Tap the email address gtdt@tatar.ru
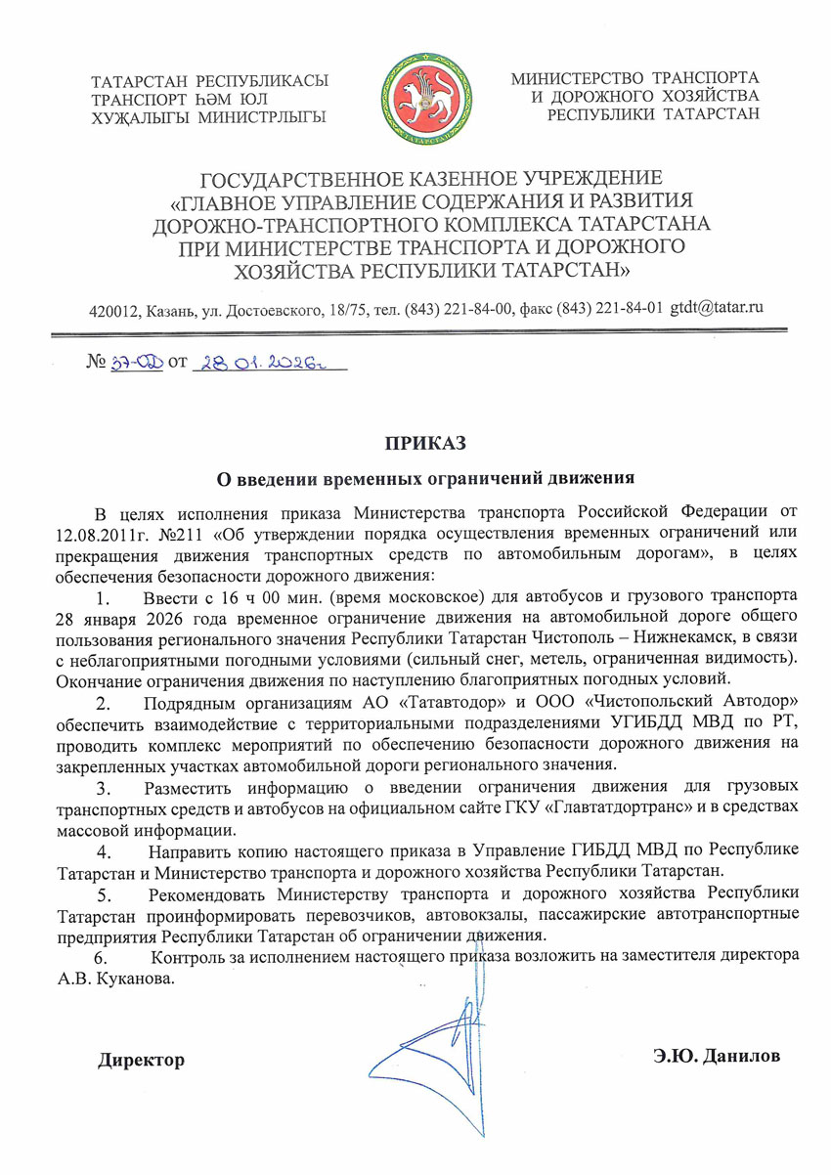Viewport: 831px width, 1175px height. pyautogui.click(x=716, y=307)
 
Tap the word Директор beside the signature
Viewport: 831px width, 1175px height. pyautogui.click(x=140, y=1060)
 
